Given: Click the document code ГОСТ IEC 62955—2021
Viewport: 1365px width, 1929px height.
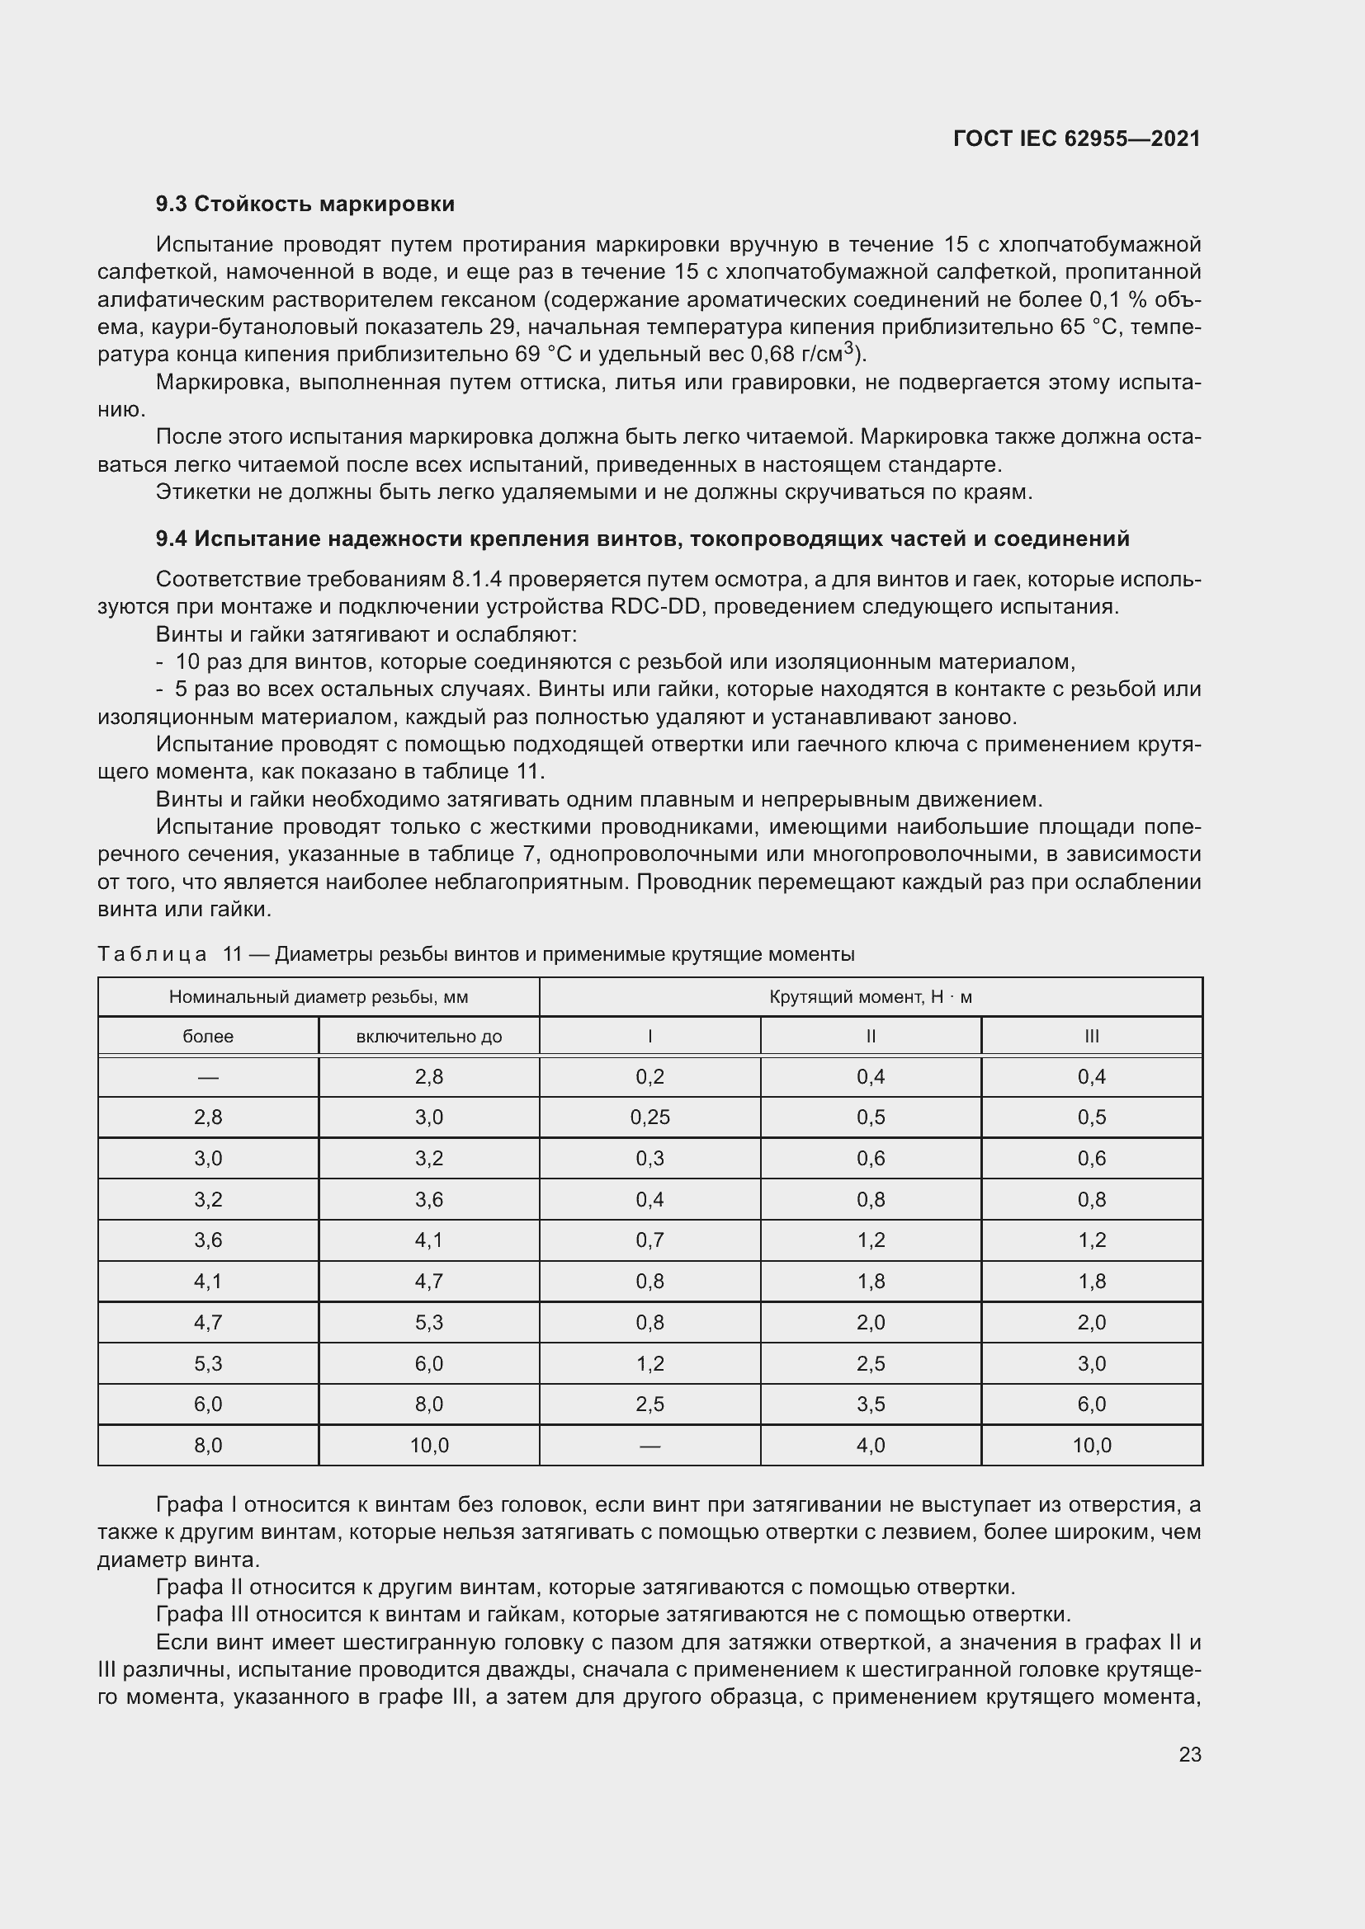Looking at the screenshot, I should pyautogui.click(x=1076, y=139).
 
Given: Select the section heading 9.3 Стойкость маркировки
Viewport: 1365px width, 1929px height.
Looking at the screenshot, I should pyautogui.click(x=305, y=205).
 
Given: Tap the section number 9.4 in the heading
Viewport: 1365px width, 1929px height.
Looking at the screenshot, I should pyautogui.click(x=172, y=539).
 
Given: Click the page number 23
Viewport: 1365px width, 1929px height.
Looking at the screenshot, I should pyautogui.click(x=1190, y=1754).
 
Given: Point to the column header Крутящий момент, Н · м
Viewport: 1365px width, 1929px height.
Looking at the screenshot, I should pyautogui.click(x=870, y=997).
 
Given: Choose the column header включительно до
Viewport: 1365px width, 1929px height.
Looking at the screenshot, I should pyautogui.click(x=428, y=1037).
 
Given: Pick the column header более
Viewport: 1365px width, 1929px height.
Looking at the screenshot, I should pyautogui.click(x=208, y=1037).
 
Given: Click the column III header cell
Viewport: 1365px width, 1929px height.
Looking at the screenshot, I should pyautogui.click(x=1091, y=1037).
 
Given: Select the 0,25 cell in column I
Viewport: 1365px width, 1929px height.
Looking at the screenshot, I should pyautogui.click(x=649, y=1117).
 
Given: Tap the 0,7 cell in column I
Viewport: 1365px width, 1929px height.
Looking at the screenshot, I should pyautogui.click(x=649, y=1240).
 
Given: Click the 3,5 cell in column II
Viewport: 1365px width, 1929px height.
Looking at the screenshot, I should pyautogui.click(x=870, y=1404).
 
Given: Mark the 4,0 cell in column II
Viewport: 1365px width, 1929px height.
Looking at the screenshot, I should pyautogui.click(x=870, y=1445).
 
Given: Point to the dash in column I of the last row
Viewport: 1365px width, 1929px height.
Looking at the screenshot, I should pyautogui.click(x=649, y=1446).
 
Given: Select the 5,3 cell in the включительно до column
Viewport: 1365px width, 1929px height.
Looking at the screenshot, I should pyautogui.click(x=428, y=1322).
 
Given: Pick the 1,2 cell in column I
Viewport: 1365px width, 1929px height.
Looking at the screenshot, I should pyautogui.click(x=649, y=1363).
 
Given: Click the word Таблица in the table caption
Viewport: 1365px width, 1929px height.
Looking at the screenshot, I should pyautogui.click(x=152, y=954).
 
